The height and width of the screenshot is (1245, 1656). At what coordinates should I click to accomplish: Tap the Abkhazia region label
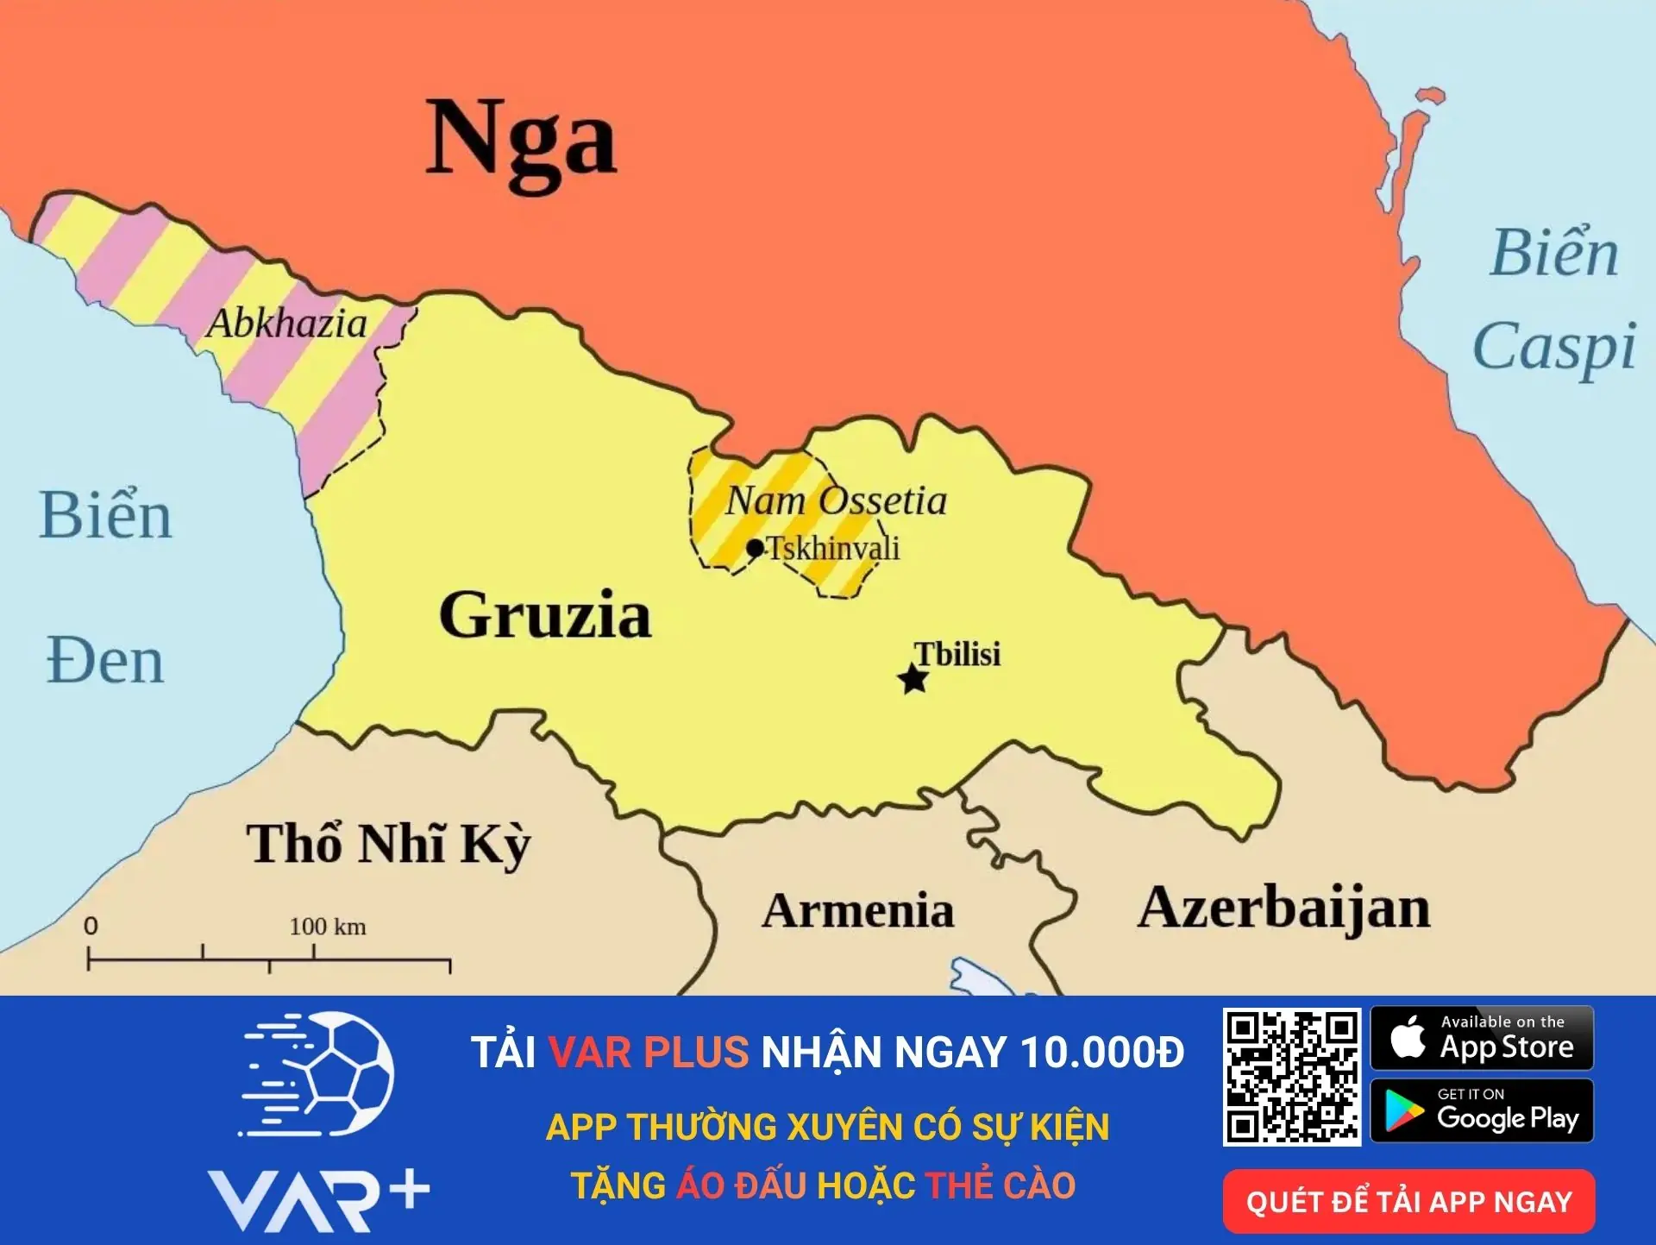(x=287, y=324)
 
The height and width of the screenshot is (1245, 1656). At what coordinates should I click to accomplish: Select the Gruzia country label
(x=545, y=615)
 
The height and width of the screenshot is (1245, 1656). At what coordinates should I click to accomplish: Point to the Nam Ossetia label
(x=836, y=501)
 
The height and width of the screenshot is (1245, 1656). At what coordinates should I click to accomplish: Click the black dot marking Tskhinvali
(x=756, y=548)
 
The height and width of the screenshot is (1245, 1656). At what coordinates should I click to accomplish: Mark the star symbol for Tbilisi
(x=913, y=679)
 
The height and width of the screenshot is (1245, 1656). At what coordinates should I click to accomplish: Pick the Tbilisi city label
(x=957, y=654)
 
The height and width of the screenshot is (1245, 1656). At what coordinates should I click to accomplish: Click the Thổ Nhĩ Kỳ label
(x=388, y=844)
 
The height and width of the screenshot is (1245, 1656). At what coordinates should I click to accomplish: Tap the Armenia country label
(x=857, y=910)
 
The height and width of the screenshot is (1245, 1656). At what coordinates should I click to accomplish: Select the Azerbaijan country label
(x=1283, y=909)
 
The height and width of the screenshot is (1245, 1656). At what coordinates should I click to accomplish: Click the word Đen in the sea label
(x=104, y=662)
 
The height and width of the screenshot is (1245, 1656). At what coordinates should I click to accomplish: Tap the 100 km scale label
(x=328, y=927)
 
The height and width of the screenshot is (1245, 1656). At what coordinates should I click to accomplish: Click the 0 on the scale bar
(x=91, y=926)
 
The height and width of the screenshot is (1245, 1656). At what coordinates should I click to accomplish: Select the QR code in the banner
(x=1291, y=1077)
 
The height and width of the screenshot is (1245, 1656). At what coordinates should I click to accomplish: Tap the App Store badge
(x=1482, y=1038)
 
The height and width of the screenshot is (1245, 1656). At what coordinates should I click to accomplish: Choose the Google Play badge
(x=1482, y=1111)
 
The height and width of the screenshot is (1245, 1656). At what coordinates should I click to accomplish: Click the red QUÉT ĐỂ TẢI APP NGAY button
(x=1408, y=1201)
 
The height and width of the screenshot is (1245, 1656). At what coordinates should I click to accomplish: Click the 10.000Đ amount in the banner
(x=1101, y=1053)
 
